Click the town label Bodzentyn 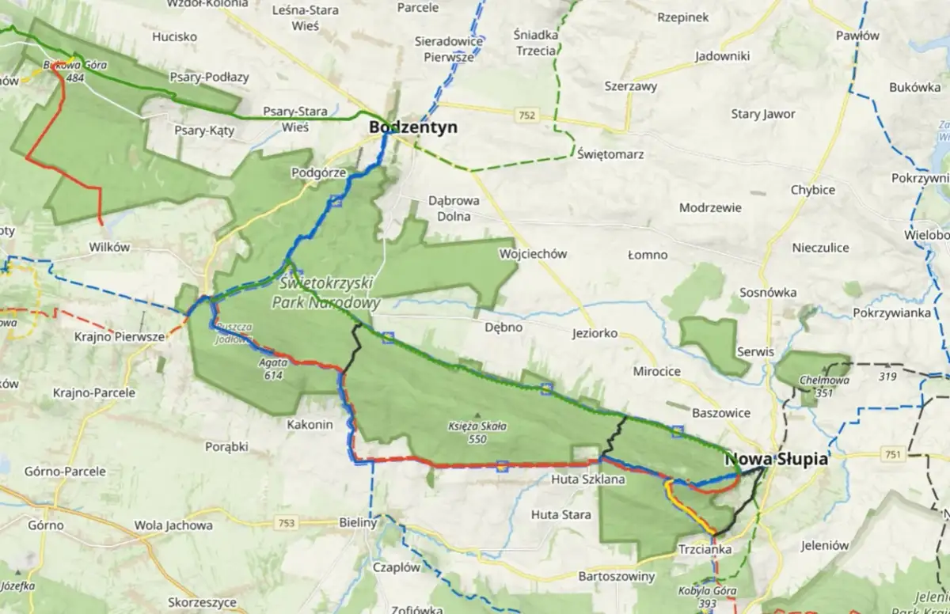[x=413, y=127]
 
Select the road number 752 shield [x=527, y=116]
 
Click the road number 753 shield [x=287, y=522]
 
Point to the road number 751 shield [x=894, y=454]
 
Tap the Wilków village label [x=110, y=247]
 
